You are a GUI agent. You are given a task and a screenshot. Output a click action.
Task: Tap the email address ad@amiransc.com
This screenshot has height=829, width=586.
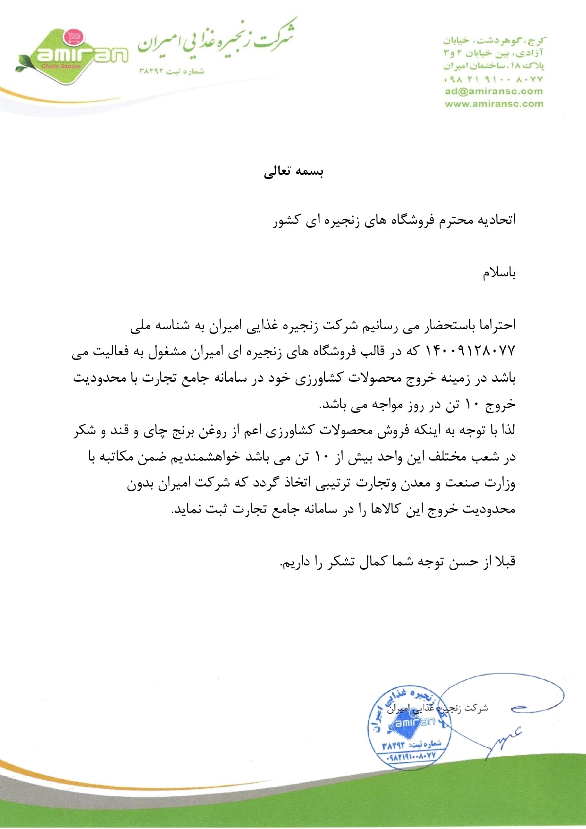pyautogui.click(x=493, y=92)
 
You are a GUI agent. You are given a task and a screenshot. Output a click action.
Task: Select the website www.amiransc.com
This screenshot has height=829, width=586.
pyautogui.click(x=493, y=104)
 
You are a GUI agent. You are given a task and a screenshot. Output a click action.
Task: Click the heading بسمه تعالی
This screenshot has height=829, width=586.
pyautogui.click(x=293, y=171)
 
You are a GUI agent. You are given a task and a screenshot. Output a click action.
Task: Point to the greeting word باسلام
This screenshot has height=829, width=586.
pyautogui.click(x=499, y=273)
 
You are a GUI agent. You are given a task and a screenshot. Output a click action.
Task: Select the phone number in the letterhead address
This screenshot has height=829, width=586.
pyautogui.click(x=493, y=79)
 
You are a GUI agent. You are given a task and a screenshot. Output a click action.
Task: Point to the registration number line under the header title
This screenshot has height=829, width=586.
pyautogui.click(x=171, y=71)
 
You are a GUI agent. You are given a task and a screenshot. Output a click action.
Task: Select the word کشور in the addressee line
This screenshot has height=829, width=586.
pyautogui.click(x=286, y=221)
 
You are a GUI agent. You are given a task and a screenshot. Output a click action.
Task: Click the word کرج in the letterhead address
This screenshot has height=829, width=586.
pyautogui.click(x=538, y=41)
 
